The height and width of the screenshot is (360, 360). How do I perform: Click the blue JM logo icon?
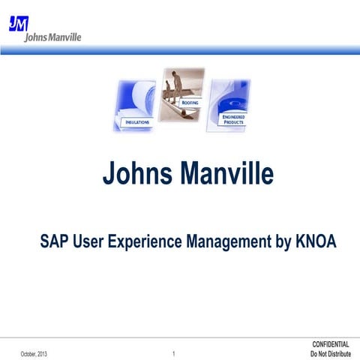(19, 23)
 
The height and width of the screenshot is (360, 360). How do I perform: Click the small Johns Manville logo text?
(53, 37)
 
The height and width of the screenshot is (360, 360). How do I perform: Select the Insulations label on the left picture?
(136, 121)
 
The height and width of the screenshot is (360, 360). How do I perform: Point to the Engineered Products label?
(232, 119)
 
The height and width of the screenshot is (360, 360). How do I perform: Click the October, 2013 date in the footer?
(34, 353)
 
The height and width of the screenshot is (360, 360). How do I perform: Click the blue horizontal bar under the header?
(180, 50)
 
